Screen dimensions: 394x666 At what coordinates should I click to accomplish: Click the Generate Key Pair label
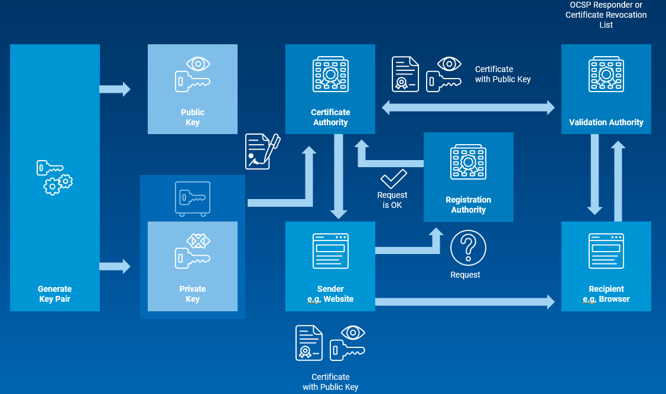pos(54,294)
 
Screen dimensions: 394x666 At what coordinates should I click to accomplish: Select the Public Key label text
pos(192,117)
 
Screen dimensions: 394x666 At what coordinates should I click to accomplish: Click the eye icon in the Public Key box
pos(198,64)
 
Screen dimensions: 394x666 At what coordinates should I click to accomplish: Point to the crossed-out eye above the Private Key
pos(199,241)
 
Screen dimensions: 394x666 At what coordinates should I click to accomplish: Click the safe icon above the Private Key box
pos(192,198)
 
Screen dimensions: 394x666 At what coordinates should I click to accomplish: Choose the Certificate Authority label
pos(330,117)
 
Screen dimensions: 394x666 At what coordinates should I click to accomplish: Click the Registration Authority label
pos(468,204)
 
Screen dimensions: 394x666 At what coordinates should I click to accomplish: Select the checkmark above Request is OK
pos(393,178)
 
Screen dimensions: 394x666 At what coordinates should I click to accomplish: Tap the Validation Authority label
pos(606,122)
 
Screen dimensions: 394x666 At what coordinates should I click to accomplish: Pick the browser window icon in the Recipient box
pos(606,251)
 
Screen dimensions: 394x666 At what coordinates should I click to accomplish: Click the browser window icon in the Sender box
pos(330,251)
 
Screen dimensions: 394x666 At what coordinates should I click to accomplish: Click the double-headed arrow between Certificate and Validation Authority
pos(468,108)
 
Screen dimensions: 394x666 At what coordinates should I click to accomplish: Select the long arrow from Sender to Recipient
pos(464,302)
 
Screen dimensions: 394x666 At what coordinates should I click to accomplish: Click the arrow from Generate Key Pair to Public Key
pos(115,89)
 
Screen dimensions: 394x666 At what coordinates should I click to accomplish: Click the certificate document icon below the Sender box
pos(309,343)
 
